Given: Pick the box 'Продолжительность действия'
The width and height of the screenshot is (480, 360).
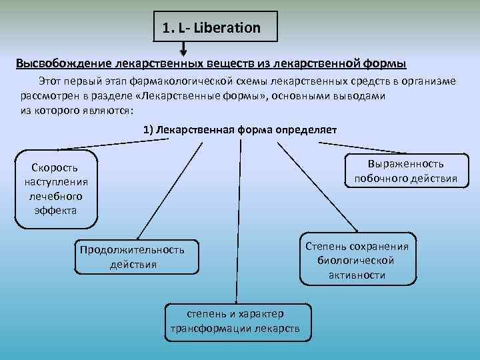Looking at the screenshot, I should pyautogui.click(x=132, y=257).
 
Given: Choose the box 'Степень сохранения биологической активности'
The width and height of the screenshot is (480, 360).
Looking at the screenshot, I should pyautogui.click(x=357, y=260).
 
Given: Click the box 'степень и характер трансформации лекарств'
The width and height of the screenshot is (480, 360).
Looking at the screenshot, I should pyautogui.click(x=235, y=321).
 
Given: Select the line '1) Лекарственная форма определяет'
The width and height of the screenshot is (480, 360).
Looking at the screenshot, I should pyautogui.click(x=240, y=129).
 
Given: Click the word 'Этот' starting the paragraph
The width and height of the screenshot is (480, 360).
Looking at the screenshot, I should pyautogui.click(x=51, y=81).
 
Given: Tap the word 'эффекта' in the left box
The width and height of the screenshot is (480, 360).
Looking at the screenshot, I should pyautogui.click(x=55, y=210).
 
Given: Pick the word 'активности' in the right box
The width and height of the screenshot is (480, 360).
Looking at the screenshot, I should pyautogui.click(x=357, y=275).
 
